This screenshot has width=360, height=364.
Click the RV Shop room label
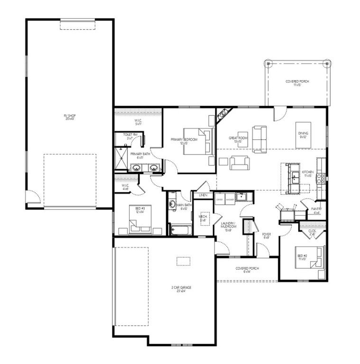pos(69,117)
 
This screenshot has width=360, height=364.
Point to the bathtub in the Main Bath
pos(180,231)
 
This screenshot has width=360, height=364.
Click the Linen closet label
pos(203,195)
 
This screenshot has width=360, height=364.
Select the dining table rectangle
pos(303,129)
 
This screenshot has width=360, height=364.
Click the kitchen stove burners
pos(321,178)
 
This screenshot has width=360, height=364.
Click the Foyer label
pos(266,236)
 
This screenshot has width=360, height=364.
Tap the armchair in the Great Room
pos(239,163)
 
